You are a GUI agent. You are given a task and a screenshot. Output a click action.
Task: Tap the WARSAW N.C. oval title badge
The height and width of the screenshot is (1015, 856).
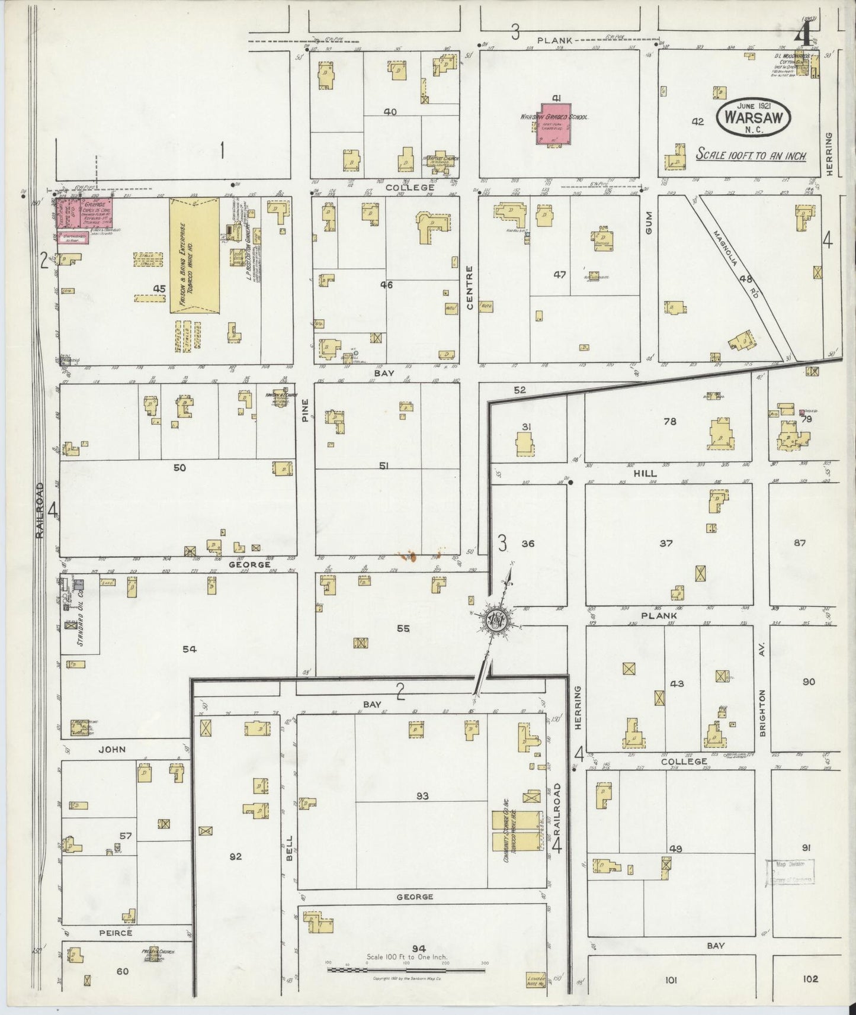pos(754,117)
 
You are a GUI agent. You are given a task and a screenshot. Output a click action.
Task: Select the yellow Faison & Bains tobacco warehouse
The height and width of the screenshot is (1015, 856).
pos(195,255)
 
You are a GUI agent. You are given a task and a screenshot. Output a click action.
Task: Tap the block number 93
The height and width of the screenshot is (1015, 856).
pos(422,796)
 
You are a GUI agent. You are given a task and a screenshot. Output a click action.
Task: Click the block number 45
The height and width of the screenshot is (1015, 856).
pos(159,288)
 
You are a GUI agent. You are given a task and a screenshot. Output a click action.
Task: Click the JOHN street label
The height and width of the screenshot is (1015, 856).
pos(112,749)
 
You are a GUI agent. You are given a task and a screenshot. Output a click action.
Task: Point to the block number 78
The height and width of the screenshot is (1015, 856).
pos(669,422)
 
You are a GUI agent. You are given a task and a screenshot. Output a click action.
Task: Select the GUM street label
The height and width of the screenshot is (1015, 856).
pos(648,226)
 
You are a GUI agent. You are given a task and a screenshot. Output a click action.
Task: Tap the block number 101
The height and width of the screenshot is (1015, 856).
pos(671,980)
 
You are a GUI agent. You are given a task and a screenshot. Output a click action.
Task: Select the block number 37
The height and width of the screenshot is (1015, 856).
pos(666,543)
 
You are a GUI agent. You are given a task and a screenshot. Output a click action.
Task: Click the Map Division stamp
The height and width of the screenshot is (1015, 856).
pos(789,872)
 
